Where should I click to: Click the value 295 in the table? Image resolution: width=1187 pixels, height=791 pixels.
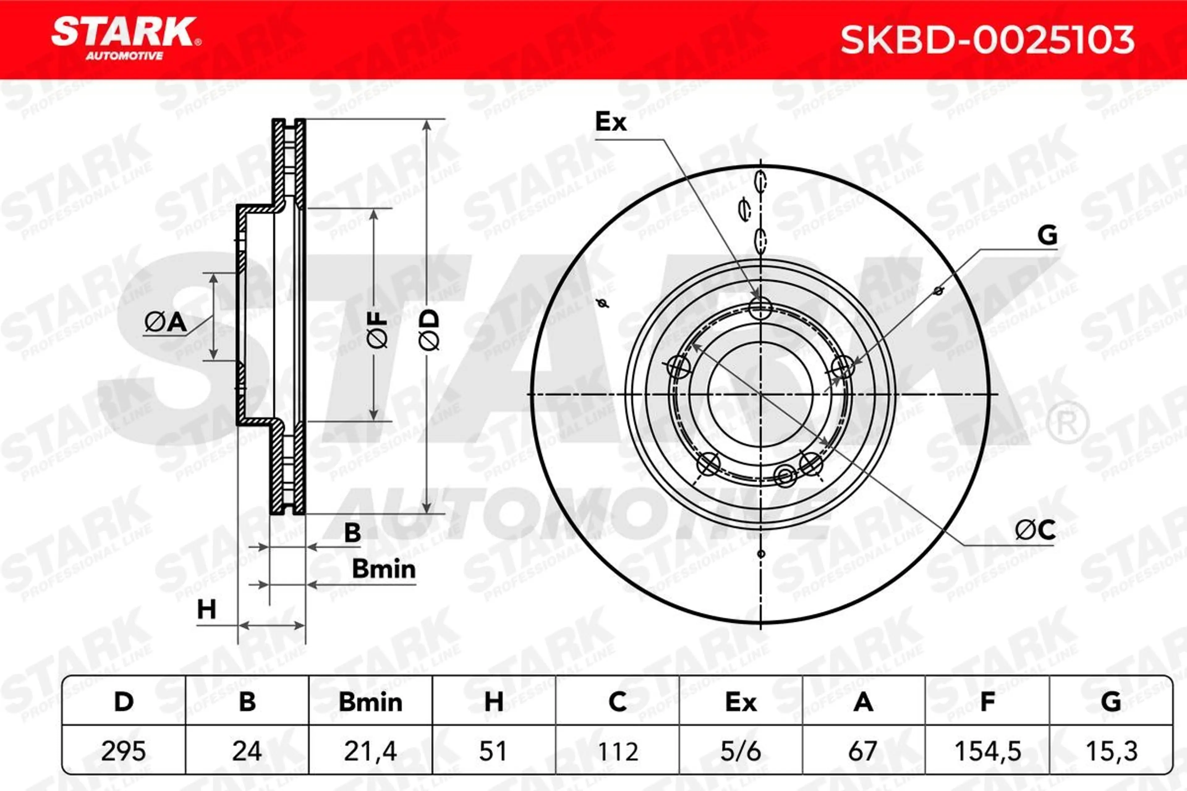124,752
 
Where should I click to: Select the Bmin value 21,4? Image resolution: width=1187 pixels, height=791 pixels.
370,752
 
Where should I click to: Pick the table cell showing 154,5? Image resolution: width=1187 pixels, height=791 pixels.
988,752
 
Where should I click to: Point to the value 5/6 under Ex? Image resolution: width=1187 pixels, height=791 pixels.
740,752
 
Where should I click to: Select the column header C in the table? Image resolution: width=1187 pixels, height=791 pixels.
617,702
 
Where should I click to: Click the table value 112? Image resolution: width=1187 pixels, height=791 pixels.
617,752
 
